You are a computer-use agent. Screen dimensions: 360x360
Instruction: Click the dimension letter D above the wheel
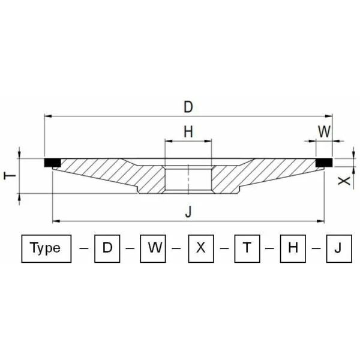click(188, 107)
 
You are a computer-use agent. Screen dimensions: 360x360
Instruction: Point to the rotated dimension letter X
click(343, 180)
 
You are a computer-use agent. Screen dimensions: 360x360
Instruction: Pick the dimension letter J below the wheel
click(188, 211)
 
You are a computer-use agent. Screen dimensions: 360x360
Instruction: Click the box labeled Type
click(46, 248)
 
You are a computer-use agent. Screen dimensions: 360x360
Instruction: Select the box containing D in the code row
click(107, 248)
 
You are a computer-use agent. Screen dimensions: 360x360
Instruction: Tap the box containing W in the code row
click(153, 248)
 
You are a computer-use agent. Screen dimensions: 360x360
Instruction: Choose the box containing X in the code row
click(201, 248)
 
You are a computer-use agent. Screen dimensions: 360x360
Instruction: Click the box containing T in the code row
click(247, 248)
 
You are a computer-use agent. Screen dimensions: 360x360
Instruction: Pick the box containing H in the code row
click(293, 248)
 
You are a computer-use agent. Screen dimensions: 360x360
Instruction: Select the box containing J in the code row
click(338, 248)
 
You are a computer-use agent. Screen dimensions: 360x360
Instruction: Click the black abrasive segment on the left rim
click(52, 162)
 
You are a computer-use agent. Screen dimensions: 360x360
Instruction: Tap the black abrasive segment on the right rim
click(325, 162)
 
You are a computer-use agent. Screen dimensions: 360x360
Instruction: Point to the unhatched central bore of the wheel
click(188, 179)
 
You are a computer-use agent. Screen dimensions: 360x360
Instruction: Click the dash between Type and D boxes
click(83, 248)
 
